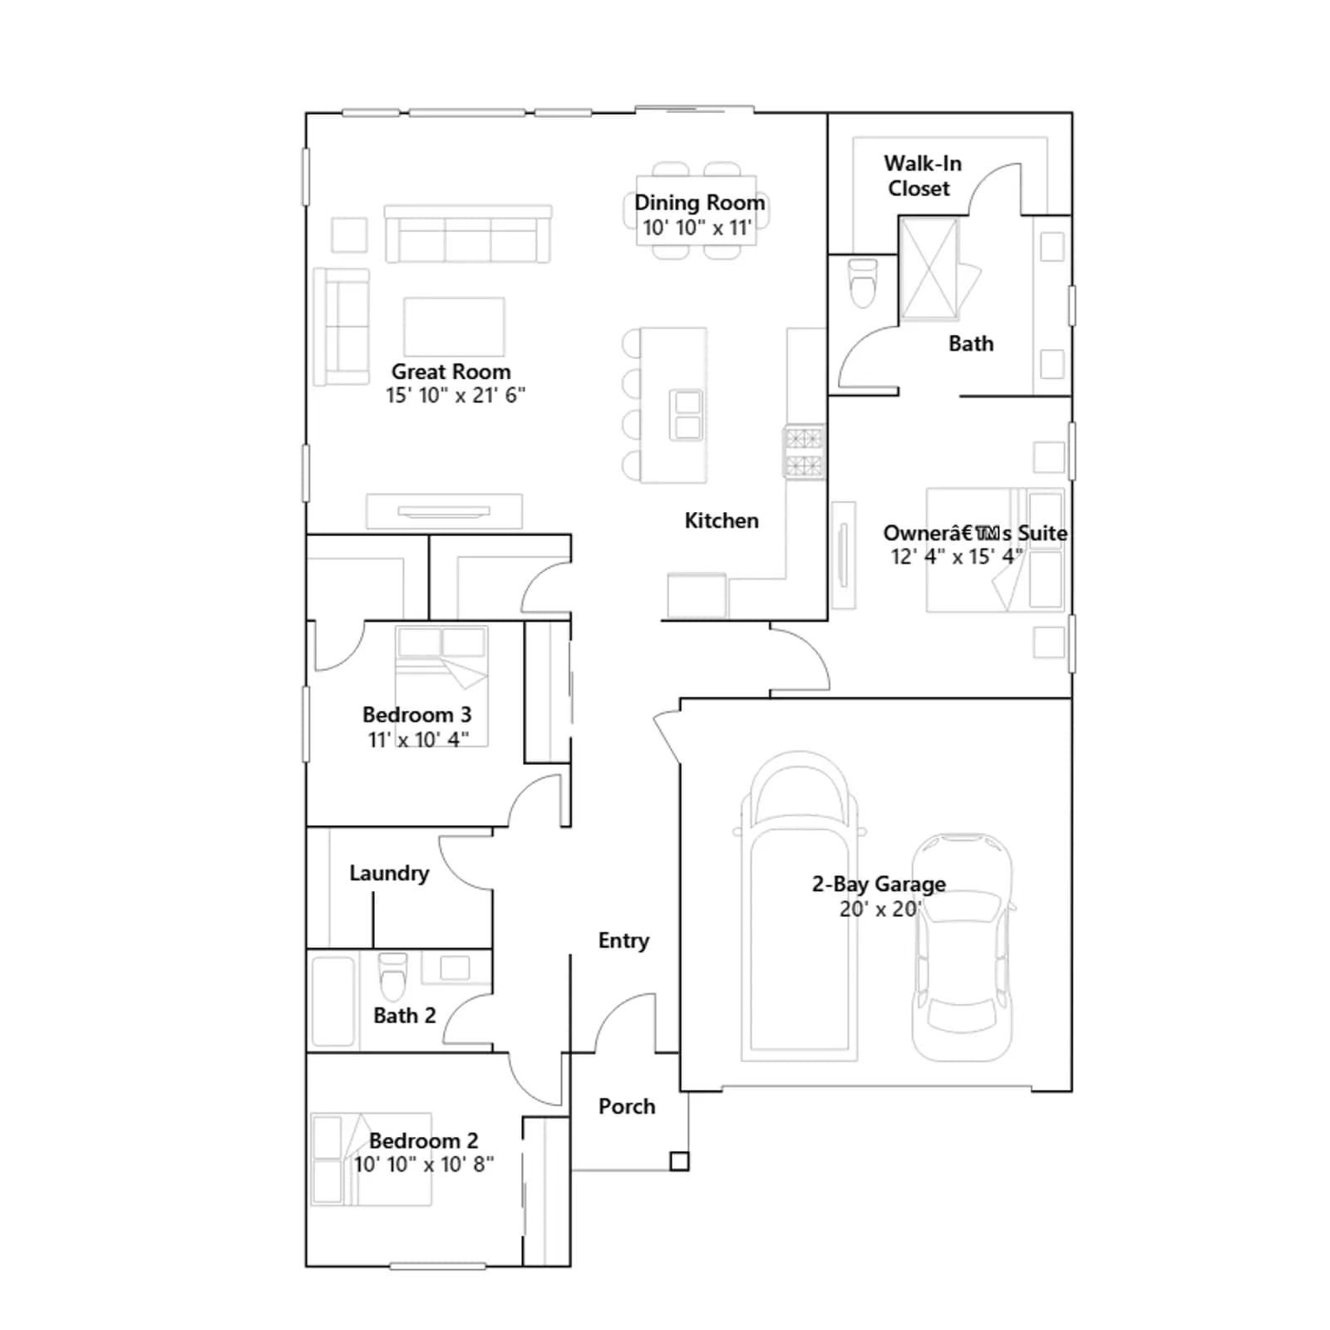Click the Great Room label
pyautogui.click(x=451, y=372)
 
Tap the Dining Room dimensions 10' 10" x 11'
pyautogui.click(x=697, y=228)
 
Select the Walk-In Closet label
pyautogui.click(x=922, y=175)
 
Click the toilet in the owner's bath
pyautogui.click(x=863, y=283)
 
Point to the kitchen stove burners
pyautogui.click(x=804, y=452)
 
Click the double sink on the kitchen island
pyautogui.click(x=687, y=415)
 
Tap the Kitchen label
pyautogui.click(x=722, y=521)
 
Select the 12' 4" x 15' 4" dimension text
pyautogui.click(x=956, y=557)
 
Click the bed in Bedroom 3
pyautogui.click(x=441, y=686)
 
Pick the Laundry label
pyautogui.click(x=389, y=874)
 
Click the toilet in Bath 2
pyautogui.click(x=393, y=976)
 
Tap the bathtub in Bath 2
pyautogui.click(x=333, y=1002)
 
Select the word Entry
pyautogui.click(x=623, y=941)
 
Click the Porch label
pyautogui.click(x=627, y=1106)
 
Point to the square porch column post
pyautogui.click(x=679, y=1161)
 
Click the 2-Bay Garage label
pyautogui.click(x=879, y=884)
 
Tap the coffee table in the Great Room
pyautogui.click(x=454, y=327)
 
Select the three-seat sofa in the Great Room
pyautogui.click(x=468, y=234)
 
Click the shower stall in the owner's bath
pyautogui.click(x=929, y=268)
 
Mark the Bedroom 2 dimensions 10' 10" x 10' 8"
pyautogui.click(x=424, y=1165)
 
